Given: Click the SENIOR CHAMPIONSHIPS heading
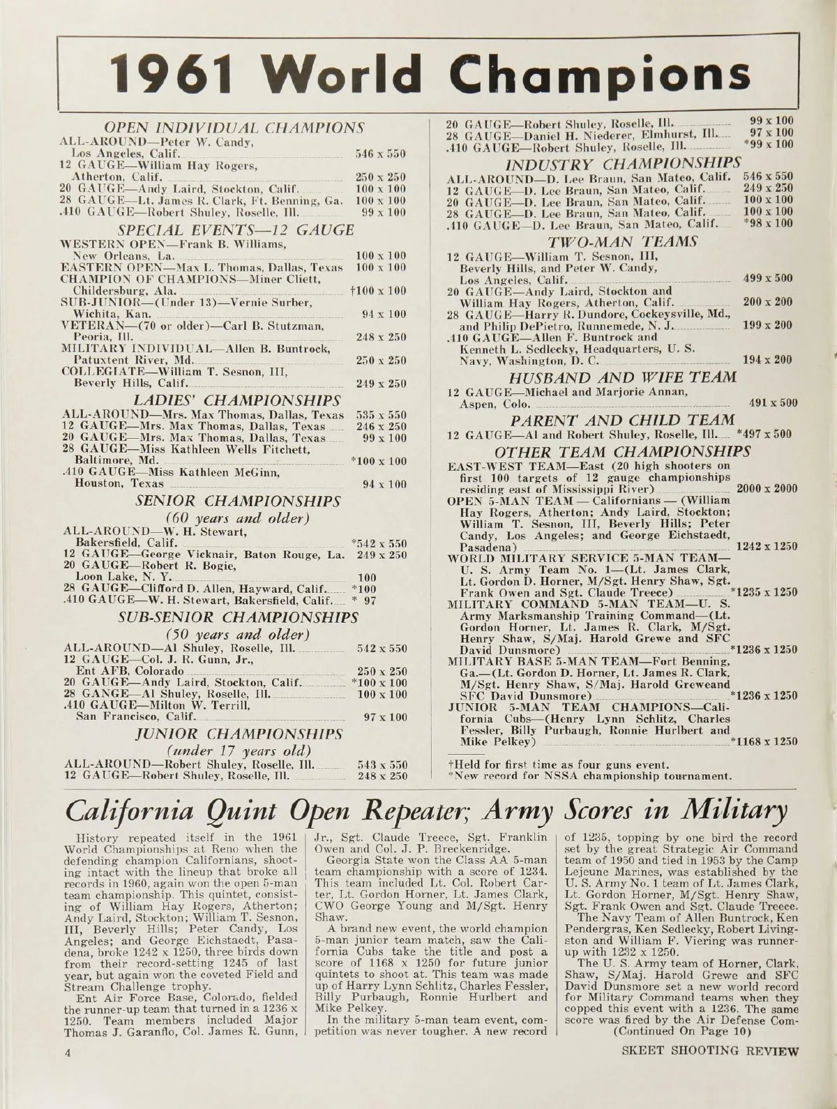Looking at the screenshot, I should tap(237, 501).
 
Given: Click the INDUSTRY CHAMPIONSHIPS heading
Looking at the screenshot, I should tap(621, 164).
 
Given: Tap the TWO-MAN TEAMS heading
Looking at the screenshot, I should tap(624, 241).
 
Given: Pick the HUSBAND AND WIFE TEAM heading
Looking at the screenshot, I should tap(624, 377).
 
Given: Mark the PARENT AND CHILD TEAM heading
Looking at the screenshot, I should tap(622, 420).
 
